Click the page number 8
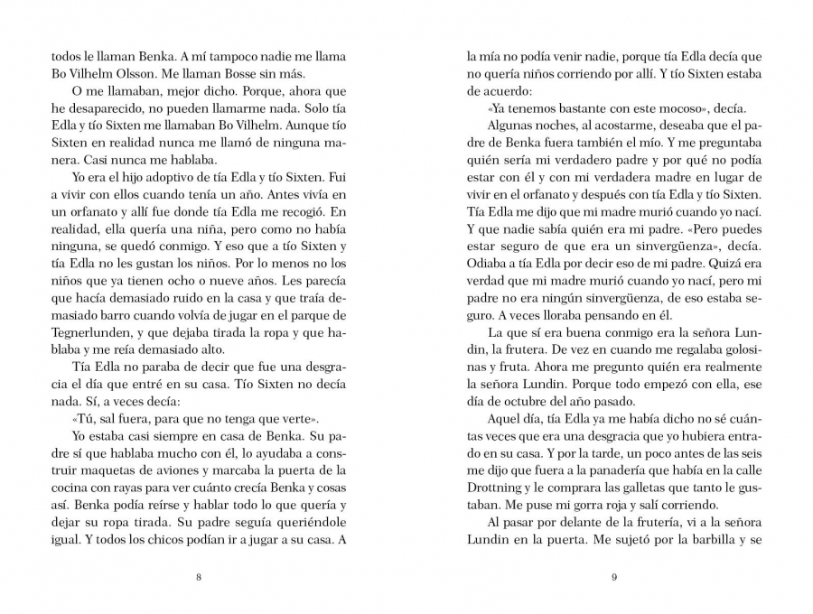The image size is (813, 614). pyautogui.click(x=198, y=578)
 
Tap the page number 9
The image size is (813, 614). pyautogui.click(x=613, y=578)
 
